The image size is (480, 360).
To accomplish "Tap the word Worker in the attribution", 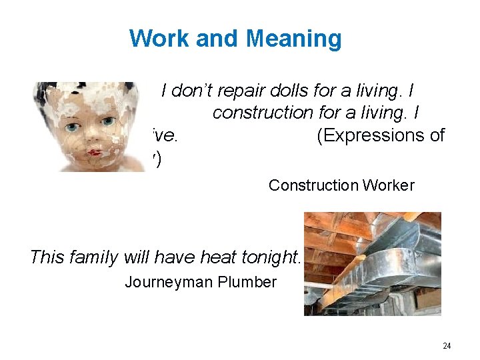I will (391, 185).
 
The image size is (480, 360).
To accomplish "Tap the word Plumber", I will (247, 282).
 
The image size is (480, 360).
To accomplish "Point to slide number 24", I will (447, 345).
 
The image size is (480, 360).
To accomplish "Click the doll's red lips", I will (97, 153).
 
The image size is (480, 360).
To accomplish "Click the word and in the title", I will (216, 39).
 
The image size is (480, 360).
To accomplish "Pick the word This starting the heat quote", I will (47, 257).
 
